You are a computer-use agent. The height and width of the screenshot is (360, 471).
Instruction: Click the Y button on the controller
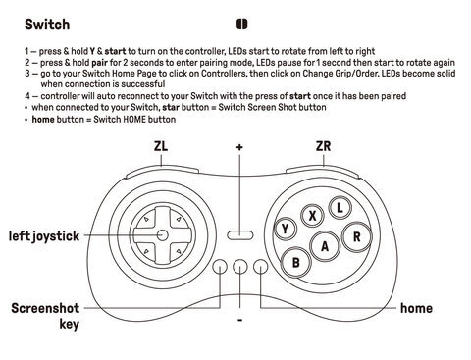[285, 229]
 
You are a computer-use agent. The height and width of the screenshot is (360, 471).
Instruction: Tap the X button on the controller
[312, 216]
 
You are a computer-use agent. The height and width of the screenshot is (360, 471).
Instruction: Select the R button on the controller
[357, 236]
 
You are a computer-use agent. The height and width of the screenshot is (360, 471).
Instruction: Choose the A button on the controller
[325, 246]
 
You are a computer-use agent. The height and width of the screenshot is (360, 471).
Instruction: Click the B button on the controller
[296, 262]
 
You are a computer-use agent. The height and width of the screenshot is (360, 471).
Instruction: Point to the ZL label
[161, 146]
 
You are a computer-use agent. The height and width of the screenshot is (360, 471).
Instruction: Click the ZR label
[323, 146]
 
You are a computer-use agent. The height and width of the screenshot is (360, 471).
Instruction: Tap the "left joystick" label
[44, 236]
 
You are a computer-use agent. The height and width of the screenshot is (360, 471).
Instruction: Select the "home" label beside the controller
[416, 308]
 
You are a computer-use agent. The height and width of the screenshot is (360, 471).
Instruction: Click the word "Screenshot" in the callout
[45, 308]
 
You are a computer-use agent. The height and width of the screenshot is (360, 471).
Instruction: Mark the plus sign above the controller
[239, 147]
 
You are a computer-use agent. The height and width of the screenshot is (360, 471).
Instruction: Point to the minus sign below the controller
[239, 320]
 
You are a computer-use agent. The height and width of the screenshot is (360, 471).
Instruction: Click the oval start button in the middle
[240, 235]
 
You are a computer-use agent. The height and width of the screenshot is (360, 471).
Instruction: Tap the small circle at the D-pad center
[163, 235]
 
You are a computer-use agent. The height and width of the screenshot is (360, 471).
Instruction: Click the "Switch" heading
[47, 25]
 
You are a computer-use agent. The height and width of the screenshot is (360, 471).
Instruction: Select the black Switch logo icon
[241, 25]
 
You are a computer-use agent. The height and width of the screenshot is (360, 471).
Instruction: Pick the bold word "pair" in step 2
[100, 62]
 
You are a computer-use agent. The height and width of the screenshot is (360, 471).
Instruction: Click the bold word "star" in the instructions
[171, 107]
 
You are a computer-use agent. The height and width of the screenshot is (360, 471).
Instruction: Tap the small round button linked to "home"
[261, 267]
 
